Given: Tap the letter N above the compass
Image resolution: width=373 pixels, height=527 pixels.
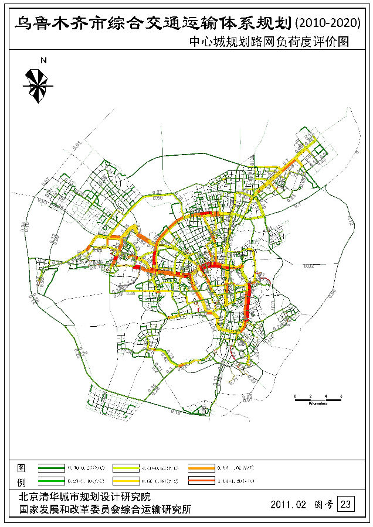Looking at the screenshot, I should (x=43, y=60).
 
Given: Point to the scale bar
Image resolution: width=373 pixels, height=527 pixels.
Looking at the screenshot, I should (x=317, y=399).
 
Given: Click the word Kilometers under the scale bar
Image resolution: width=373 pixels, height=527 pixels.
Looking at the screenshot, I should (x=317, y=404).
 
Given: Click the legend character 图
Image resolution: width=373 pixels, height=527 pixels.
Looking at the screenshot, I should (x=21, y=467).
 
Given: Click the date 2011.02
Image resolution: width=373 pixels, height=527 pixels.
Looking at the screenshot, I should (x=287, y=504).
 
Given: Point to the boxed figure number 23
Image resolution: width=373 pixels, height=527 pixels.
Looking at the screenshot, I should (x=347, y=504).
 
